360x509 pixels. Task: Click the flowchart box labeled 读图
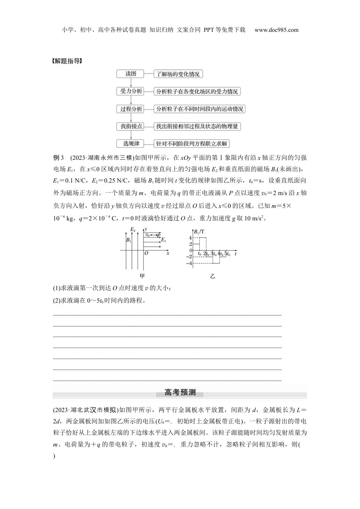(131, 74)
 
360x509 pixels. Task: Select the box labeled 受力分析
(131, 92)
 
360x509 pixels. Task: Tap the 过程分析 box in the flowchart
(131, 109)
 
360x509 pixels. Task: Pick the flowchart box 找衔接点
(131, 126)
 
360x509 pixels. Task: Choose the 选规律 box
(131, 144)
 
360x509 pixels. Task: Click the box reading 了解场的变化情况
(178, 74)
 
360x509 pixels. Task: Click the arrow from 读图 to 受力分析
(131, 83)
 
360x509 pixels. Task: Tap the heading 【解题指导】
(67, 61)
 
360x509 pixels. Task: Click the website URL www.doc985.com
(276, 30)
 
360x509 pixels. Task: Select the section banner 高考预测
(180, 393)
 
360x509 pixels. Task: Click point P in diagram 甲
(159, 235)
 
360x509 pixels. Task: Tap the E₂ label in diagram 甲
(133, 230)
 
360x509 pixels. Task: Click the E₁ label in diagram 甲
(163, 240)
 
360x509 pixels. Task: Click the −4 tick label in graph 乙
(189, 263)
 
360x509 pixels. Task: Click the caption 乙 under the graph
(212, 276)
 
